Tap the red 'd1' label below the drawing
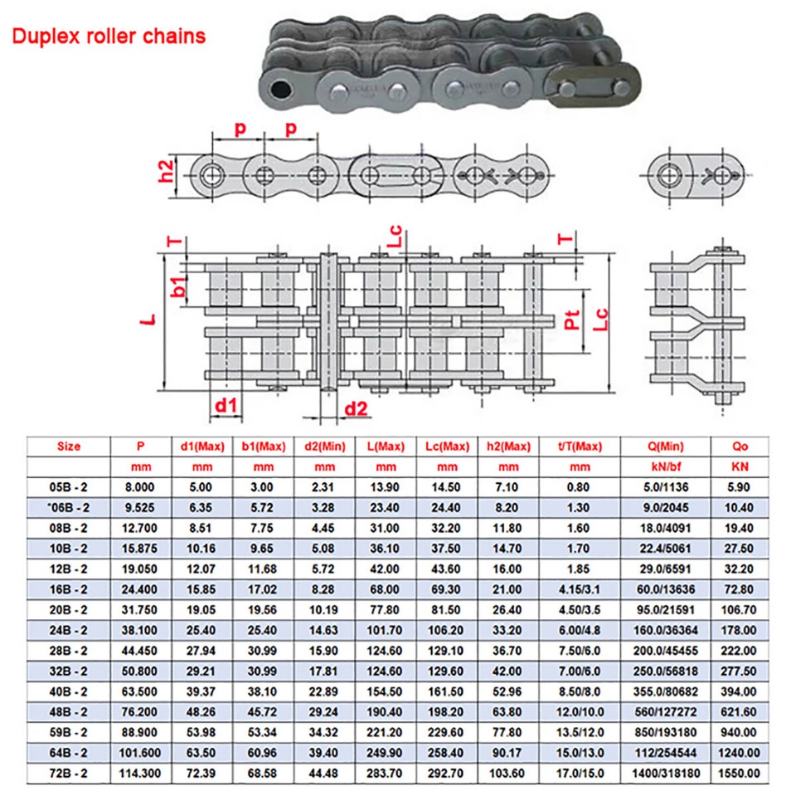pos(226,405)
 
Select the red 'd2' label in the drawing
pos(356,408)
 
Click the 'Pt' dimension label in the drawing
pos(572,319)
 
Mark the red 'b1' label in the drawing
pos(177,287)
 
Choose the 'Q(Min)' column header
pos(665,447)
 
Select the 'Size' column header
pos(69,447)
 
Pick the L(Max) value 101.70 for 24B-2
pos(384,632)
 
